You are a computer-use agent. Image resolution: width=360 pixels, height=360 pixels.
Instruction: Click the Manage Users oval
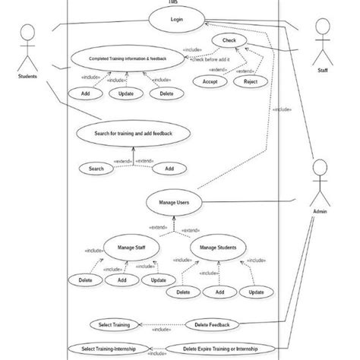174,203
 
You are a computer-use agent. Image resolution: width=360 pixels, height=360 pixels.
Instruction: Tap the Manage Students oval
218,248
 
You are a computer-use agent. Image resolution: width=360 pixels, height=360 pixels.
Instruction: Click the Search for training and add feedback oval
134,133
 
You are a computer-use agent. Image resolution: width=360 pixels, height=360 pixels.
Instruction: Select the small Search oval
96,169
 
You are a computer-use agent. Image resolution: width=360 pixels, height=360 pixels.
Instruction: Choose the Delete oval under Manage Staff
85,280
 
